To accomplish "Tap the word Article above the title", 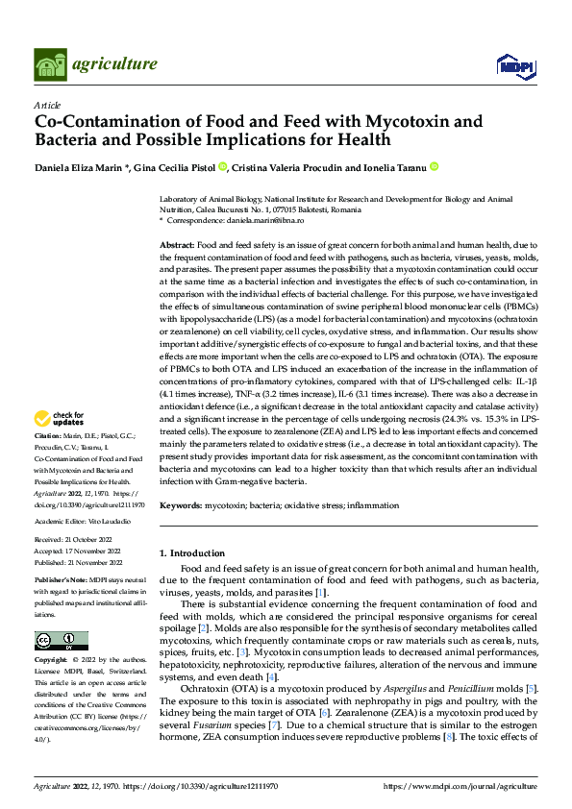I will (47, 105).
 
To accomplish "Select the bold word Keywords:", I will (181, 505).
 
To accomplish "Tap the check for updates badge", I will (60, 418).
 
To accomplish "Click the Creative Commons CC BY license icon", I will (61, 641).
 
